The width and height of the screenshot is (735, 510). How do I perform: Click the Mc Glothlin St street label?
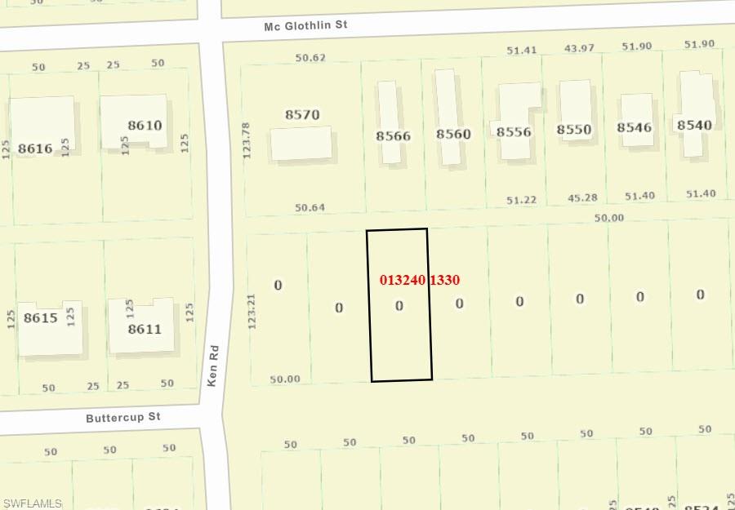pos(305,25)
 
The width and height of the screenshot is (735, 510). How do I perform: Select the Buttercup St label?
pos(123,418)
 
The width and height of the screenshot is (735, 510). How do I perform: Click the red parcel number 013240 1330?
pos(420,280)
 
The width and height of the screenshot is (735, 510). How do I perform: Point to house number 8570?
pos(302,115)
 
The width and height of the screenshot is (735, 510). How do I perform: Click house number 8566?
pos(393,135)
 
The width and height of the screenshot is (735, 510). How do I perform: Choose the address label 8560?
pos(453,134)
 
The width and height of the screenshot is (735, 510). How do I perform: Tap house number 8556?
pos(514,131)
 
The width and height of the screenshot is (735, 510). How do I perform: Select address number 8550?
pos(574,129)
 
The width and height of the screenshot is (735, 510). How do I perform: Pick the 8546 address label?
pos(635,126)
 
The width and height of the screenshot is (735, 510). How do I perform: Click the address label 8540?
pos(694,125)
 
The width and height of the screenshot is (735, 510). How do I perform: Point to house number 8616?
pos(34,149)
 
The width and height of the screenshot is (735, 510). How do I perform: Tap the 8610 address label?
pos(145,126)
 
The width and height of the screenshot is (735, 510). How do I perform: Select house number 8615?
pos(40,317)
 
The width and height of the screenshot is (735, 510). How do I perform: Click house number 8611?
pos(145,330)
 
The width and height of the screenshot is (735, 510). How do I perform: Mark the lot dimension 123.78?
pos(247,140)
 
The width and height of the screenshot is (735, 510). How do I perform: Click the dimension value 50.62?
pos(310,58)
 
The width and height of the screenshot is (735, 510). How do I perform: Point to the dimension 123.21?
pos(252,311)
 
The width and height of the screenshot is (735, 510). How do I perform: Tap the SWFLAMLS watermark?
pos(33,503)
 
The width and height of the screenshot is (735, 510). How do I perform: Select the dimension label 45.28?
pos(581,197)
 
